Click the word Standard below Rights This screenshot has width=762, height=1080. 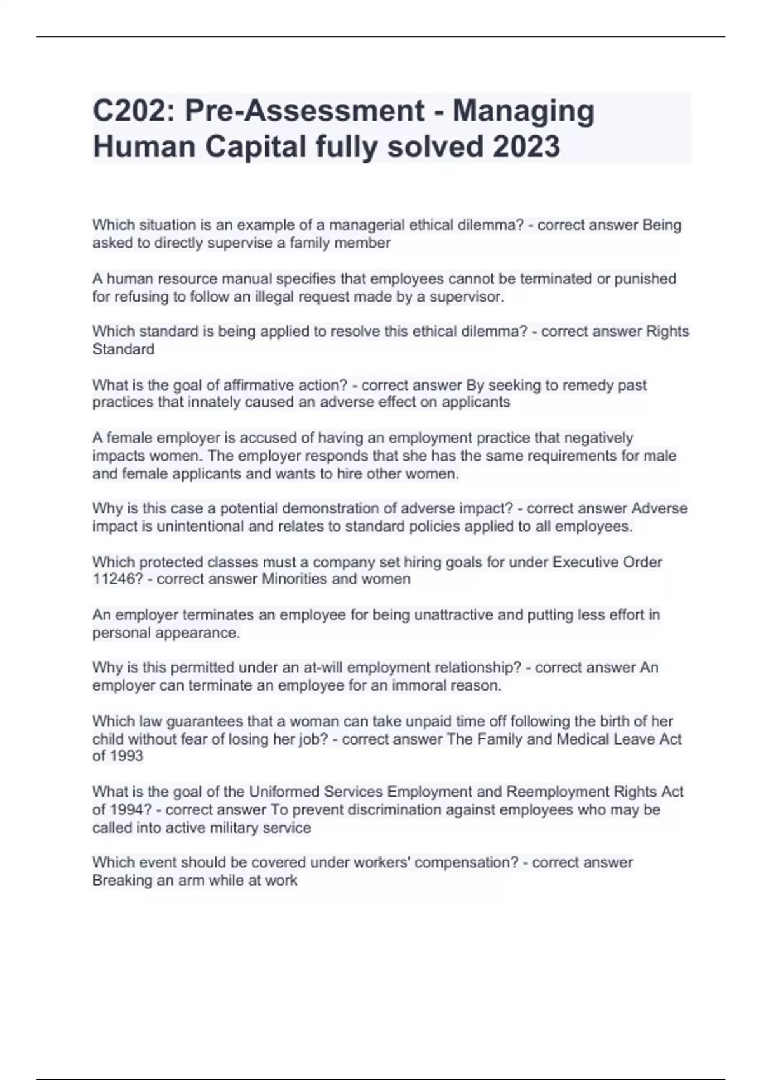pyautogui.click(x=123, y=349)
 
